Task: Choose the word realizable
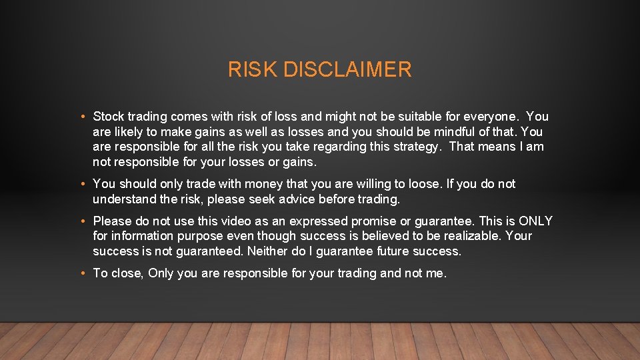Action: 467,237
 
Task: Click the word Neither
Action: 268,251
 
